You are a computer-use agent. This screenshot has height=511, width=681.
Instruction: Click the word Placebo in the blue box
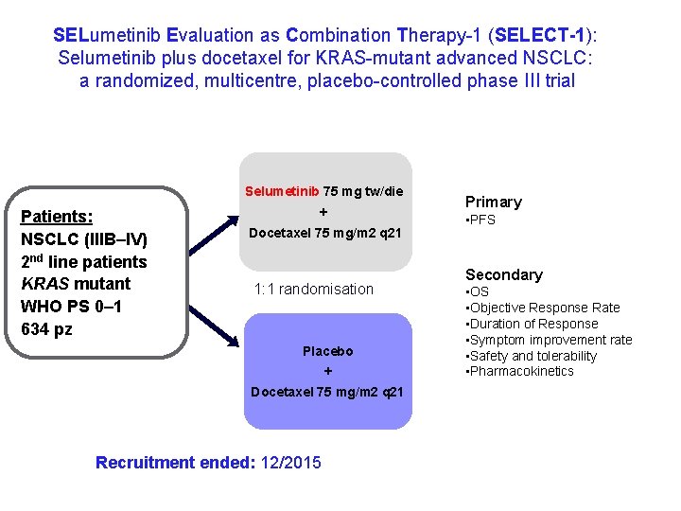tap(327, 351)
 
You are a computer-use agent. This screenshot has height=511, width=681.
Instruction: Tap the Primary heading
tap(493, 202)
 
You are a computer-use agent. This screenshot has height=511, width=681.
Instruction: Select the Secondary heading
tap(503, 274)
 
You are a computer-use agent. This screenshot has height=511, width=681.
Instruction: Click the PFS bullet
tap(481, 220)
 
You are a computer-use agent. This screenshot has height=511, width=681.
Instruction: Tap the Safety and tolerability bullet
tap(533, 356)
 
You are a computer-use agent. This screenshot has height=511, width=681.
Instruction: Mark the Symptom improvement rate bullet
tap(550, 340)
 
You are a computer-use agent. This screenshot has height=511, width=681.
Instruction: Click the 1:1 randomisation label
tap(314, 289)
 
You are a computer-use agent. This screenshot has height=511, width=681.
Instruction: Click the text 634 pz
tap(46, 329)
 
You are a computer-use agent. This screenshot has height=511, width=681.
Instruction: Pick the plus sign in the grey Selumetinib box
tap(323, 212)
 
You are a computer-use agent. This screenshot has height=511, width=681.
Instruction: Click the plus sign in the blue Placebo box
tap(327, 372)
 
